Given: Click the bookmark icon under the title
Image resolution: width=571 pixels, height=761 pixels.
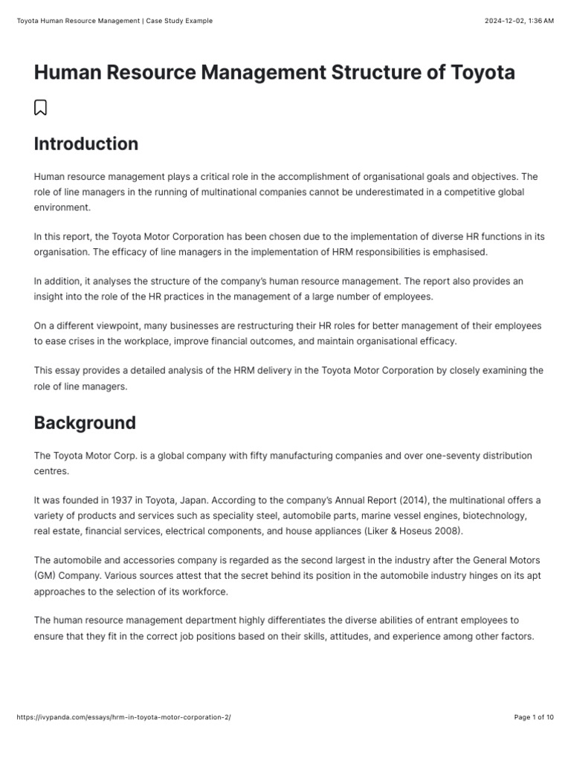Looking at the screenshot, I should [x=41, y=108].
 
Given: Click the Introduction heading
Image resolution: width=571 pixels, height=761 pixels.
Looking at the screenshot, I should [x=86, y=143].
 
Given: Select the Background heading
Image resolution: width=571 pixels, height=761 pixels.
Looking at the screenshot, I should [x=85, y=423].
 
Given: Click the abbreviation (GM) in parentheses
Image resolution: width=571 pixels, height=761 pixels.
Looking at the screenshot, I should [x=47, y=575].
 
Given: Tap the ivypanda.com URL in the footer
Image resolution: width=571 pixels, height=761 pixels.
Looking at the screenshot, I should [x=123, y=717].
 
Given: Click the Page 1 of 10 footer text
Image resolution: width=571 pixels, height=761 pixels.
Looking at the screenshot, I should [x=534, y=717].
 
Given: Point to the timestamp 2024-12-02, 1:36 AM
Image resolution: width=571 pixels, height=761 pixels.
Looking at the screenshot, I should [x=519, y=21].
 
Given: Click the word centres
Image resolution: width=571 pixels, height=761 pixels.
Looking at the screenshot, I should [x=51, y=471].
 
